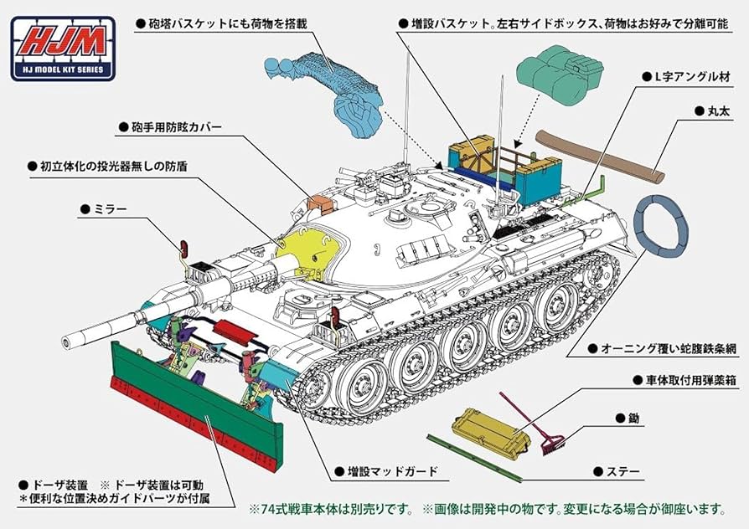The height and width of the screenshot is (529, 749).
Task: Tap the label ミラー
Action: tap(109, 208)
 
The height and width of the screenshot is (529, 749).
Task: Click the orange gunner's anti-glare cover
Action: tap(322, 203)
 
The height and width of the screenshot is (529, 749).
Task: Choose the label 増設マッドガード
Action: tap(386, 471)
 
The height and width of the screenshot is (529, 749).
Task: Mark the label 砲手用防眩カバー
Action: tap(178, 127)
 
